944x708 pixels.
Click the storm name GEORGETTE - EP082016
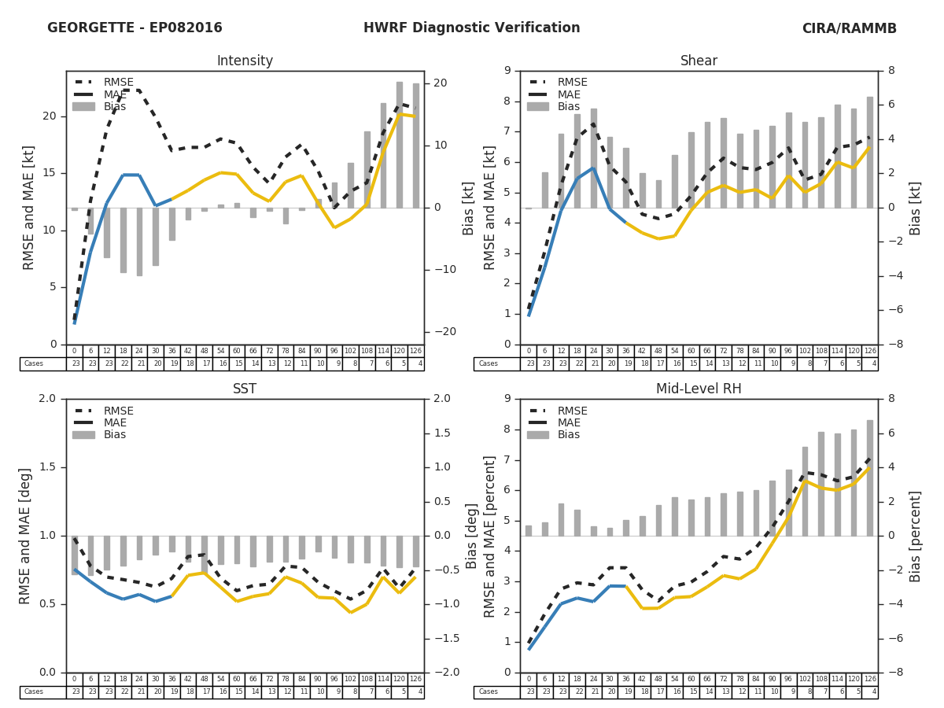[135, 28]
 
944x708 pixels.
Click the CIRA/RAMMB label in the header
[849, 28]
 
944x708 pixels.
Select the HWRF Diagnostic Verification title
[471, 28]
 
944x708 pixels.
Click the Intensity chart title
[245, 61]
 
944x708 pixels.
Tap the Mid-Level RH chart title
[699, 389]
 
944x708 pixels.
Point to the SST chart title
[245, 389]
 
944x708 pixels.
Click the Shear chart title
[699, 61]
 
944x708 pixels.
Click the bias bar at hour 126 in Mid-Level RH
[870, 478]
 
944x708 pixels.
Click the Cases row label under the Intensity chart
[33, 364]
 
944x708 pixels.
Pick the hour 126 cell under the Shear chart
[870, 351]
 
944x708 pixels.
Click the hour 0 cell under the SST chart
[74, 679]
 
